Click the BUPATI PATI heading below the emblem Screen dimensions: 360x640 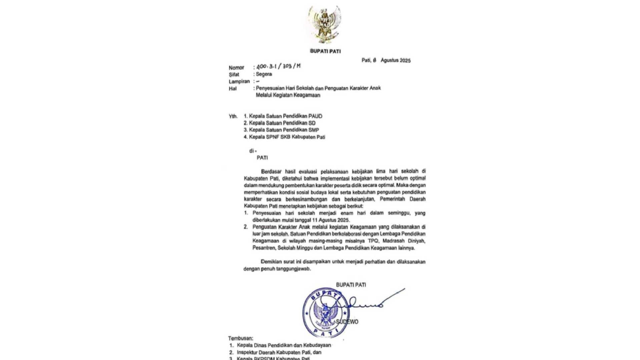(x=325, y=51)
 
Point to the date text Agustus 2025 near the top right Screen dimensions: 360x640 (x=396, y=60)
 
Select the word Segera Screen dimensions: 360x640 (x=264, y=74)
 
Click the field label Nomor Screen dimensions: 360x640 (x=236, y=67)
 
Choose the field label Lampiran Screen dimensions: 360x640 (x=239, y=81)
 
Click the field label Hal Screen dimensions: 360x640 (x=232, y=88)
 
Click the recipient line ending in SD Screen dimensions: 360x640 (x=279, y=123)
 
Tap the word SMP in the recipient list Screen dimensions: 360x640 (x=313, y=130)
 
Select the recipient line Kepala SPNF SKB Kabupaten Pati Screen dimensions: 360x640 (x=284, y=137)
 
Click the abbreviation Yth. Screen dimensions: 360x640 (x=233, y=116)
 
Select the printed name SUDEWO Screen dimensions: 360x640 (x=347, y=322)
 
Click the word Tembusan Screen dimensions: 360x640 (x=240, y=338)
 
